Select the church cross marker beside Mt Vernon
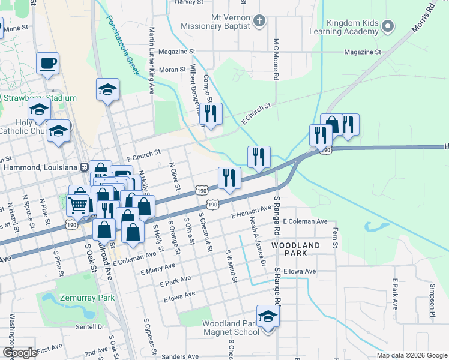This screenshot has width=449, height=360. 259,22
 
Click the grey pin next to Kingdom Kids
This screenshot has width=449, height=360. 388,26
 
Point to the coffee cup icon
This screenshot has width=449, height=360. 47,62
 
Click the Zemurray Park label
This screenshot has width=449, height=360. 86,298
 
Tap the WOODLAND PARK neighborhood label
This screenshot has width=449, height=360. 295,249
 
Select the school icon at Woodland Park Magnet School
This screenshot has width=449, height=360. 268,316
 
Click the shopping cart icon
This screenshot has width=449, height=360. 78,205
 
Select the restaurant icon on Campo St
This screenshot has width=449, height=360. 210,113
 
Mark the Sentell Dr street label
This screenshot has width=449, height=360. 90,327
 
